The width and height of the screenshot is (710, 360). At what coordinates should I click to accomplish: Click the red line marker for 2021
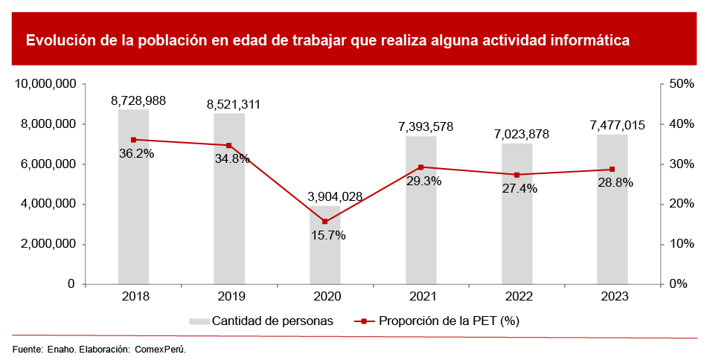pos(420,167)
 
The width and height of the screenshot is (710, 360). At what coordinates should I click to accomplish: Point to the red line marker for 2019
pos(229,145)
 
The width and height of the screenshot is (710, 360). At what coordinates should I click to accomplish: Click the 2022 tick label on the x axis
pos(516,296)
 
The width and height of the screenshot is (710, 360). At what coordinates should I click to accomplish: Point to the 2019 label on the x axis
pos(229,296)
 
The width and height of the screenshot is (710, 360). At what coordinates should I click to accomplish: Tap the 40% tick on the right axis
pos(682,124)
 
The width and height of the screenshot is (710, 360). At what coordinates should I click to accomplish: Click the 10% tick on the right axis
pos(682,244)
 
